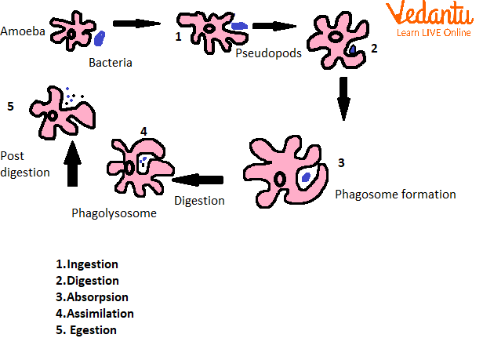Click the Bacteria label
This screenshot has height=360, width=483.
click(x=109, y=62)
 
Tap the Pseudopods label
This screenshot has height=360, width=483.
click(x=269, y=53)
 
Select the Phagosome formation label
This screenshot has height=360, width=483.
click(x=394, y=193)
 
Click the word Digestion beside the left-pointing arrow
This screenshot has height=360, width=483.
click(x=199, y=200)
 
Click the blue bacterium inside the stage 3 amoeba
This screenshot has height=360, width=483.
click(x=306, y=177)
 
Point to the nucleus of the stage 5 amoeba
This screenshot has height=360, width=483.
click(x=53, y=116)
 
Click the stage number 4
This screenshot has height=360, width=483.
click(x=143, y=130)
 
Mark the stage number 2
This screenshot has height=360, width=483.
click(x=374, y=49)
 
